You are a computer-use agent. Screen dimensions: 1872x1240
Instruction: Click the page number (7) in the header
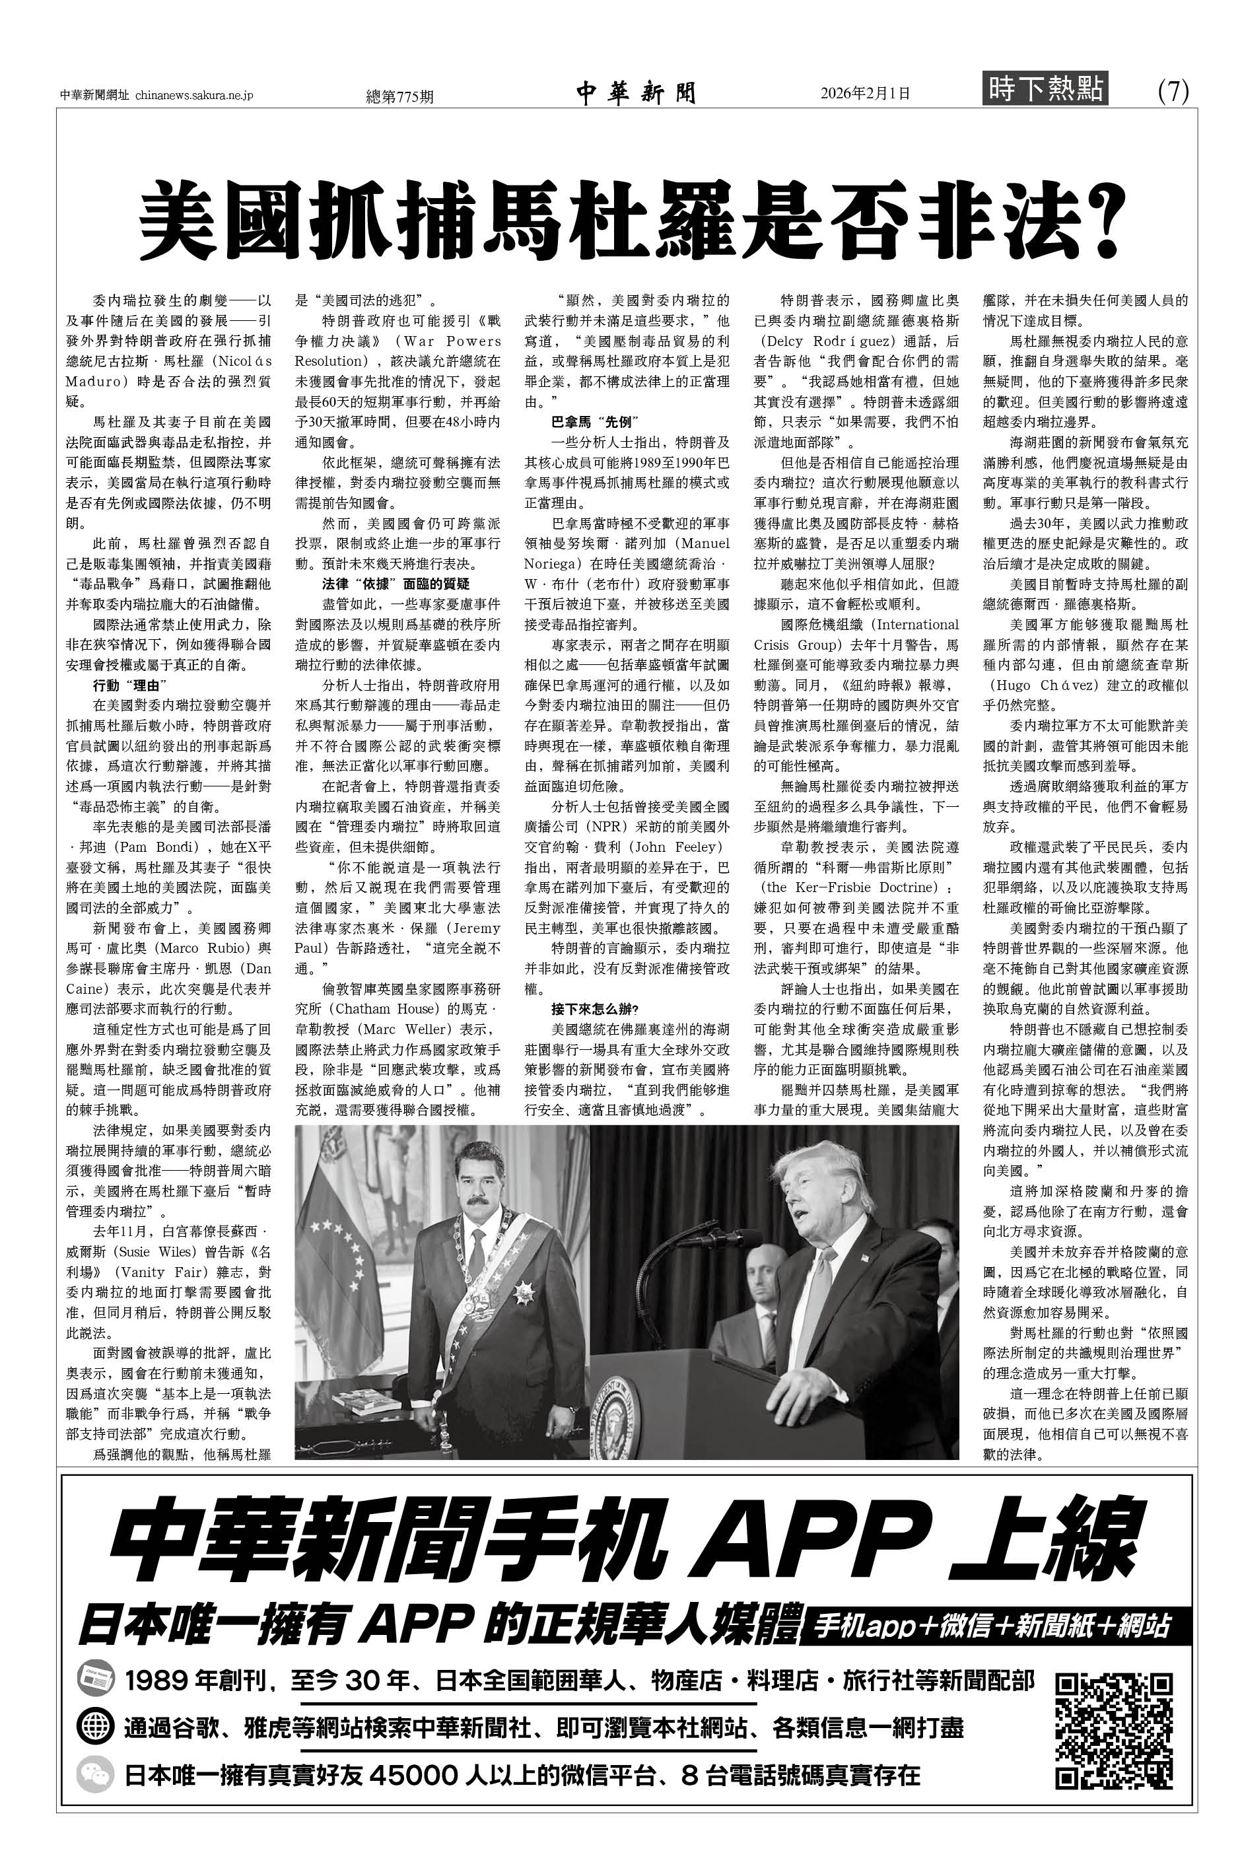click(1173, 92)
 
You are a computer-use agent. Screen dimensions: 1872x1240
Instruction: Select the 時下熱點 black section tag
click(1045, 88)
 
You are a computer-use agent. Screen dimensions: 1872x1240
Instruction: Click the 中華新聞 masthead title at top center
click(636, 93)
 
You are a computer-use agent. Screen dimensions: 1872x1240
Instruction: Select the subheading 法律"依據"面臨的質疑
click(396, 584)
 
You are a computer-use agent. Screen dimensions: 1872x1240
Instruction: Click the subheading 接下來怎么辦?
click(594, 1009)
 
